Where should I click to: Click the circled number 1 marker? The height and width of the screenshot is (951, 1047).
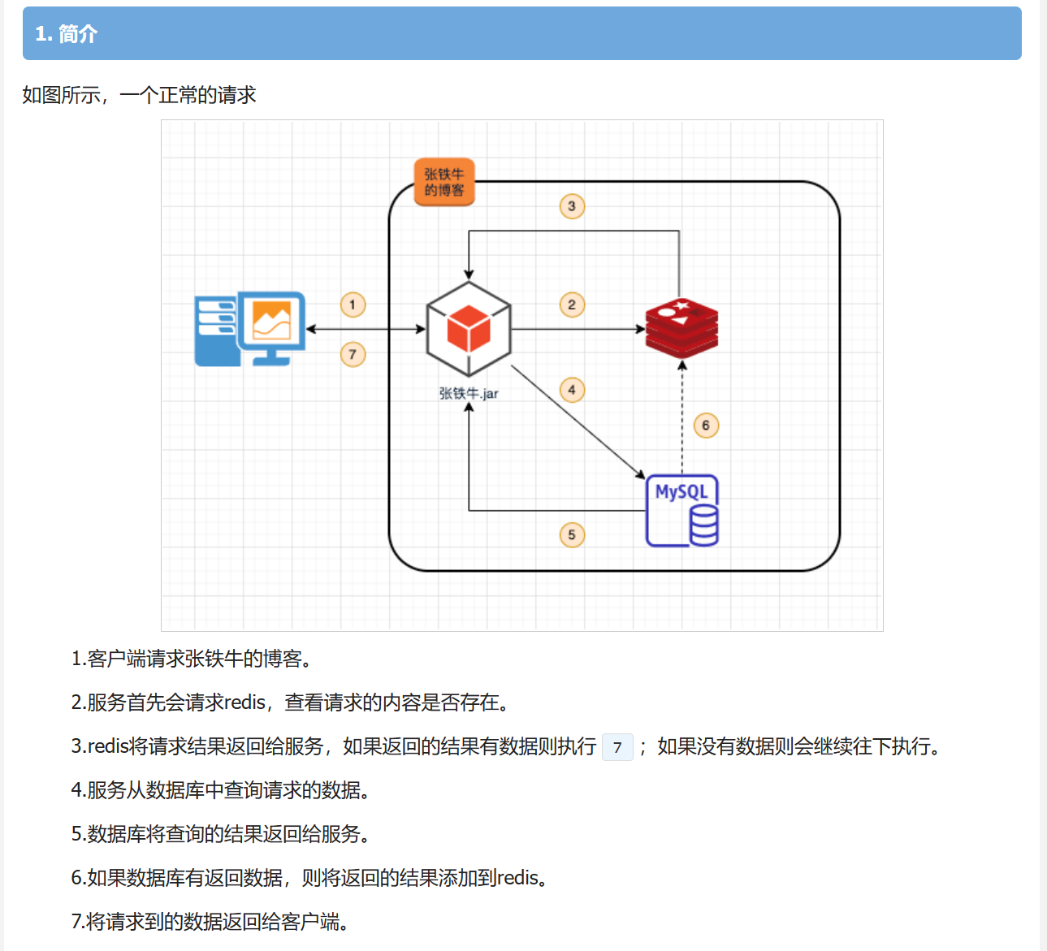[353, 305]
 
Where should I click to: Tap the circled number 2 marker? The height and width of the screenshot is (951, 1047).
[572, 305]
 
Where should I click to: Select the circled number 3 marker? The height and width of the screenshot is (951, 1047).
[572, 206]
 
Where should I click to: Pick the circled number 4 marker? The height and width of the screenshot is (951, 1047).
[572, 390]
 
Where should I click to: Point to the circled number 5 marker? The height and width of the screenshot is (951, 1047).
[572, 534]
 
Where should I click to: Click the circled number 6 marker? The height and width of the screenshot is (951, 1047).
[706, 425]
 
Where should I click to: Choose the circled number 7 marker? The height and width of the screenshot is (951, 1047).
[353, 354]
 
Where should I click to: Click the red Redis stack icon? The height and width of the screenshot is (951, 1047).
[681, 328]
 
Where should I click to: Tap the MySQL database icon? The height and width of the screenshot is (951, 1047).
[682, 511]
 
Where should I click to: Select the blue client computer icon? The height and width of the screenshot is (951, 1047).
[250, 329]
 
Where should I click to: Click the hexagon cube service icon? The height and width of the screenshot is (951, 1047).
[469, 329]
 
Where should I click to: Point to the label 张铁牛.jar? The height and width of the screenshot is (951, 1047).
[469, 394]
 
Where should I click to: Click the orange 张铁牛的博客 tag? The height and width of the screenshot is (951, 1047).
[444, 182]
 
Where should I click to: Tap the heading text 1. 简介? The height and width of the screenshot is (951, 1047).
[66, 34]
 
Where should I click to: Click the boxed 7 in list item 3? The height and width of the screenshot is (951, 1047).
[617, 747]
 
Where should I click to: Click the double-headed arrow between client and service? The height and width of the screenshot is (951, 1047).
[366, 329]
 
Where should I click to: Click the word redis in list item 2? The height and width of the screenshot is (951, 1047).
[244, 702]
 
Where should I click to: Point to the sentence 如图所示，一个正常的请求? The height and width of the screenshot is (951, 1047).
[139, 95]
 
